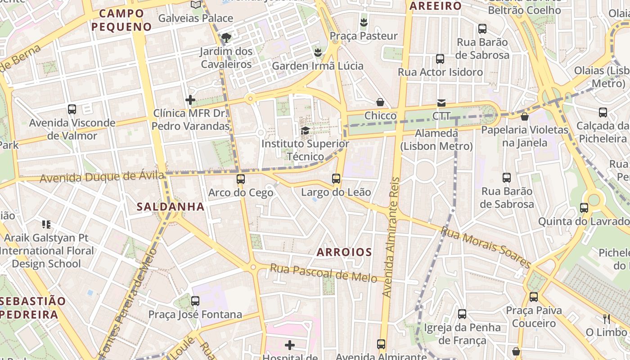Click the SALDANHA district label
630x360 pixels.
click(x=171, y=207)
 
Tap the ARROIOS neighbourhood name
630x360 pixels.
click(x=344, y=252)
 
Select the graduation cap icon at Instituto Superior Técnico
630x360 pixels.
click(x=305, y=131)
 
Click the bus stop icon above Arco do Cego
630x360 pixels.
click(x=241, y=179)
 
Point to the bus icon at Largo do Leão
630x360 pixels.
click(x=336, y=179)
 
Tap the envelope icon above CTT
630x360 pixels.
click(x=441, y=103)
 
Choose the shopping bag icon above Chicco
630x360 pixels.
click(x=380, y=102)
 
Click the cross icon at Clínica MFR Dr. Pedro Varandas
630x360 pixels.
click(x=190, y=99)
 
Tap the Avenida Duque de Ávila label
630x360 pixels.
click(x=102, y=177)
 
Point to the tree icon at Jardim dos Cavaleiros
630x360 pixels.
click(x=226, y=37)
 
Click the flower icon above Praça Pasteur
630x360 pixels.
click(x=364, y=22)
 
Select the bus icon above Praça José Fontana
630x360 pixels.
click(x=195, y=301)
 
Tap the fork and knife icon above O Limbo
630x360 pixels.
click(x=606, y=319)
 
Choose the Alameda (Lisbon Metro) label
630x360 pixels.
click(x=436, y=139)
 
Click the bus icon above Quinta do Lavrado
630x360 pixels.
click(x=584, y=208)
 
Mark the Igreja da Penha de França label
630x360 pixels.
click(x=462, y=333)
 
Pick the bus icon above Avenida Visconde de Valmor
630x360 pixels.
click(x=72, y=109)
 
